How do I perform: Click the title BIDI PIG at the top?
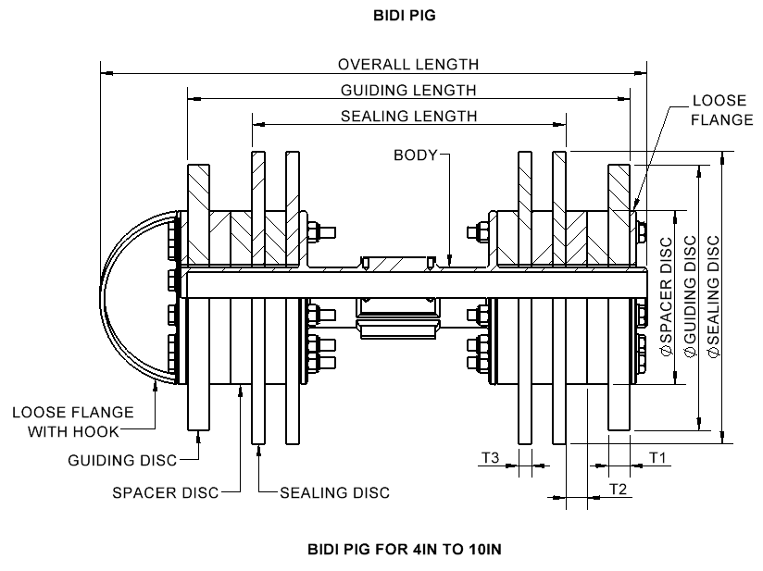click(x=405, y=16)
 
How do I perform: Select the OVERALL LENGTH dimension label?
click(x=408, y=64)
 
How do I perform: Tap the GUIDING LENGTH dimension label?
click(x=408, y=91)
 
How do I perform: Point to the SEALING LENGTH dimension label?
click(x=408, y=117)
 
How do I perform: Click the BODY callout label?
click(x=416, y=155)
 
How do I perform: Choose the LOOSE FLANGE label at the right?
click(x=722, y=110)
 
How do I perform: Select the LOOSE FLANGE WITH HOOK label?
click(x=73, y=422)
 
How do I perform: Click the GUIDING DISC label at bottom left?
click(x=122, y=460)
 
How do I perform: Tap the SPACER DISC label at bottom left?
click(x=166, y=492)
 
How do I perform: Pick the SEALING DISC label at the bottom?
click(x=335, y=492)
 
